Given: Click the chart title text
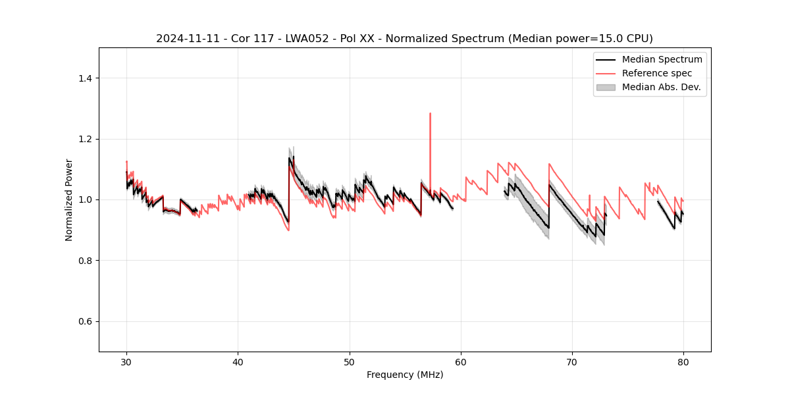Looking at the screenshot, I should (x=404, y=39).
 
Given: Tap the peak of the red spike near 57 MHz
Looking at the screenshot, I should (x=430, y=113).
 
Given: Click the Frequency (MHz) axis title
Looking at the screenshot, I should (x=405, y=375).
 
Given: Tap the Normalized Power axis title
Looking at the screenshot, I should (x=69, y=199).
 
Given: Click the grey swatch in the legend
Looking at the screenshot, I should (x=606, y=87).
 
